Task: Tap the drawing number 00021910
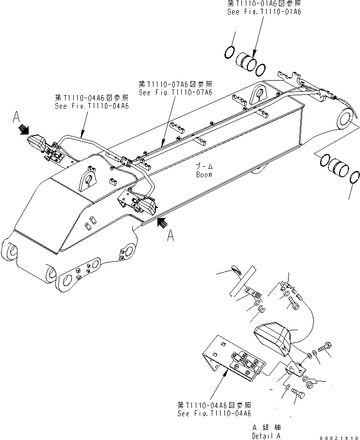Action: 339,436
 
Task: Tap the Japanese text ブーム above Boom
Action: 203,166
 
